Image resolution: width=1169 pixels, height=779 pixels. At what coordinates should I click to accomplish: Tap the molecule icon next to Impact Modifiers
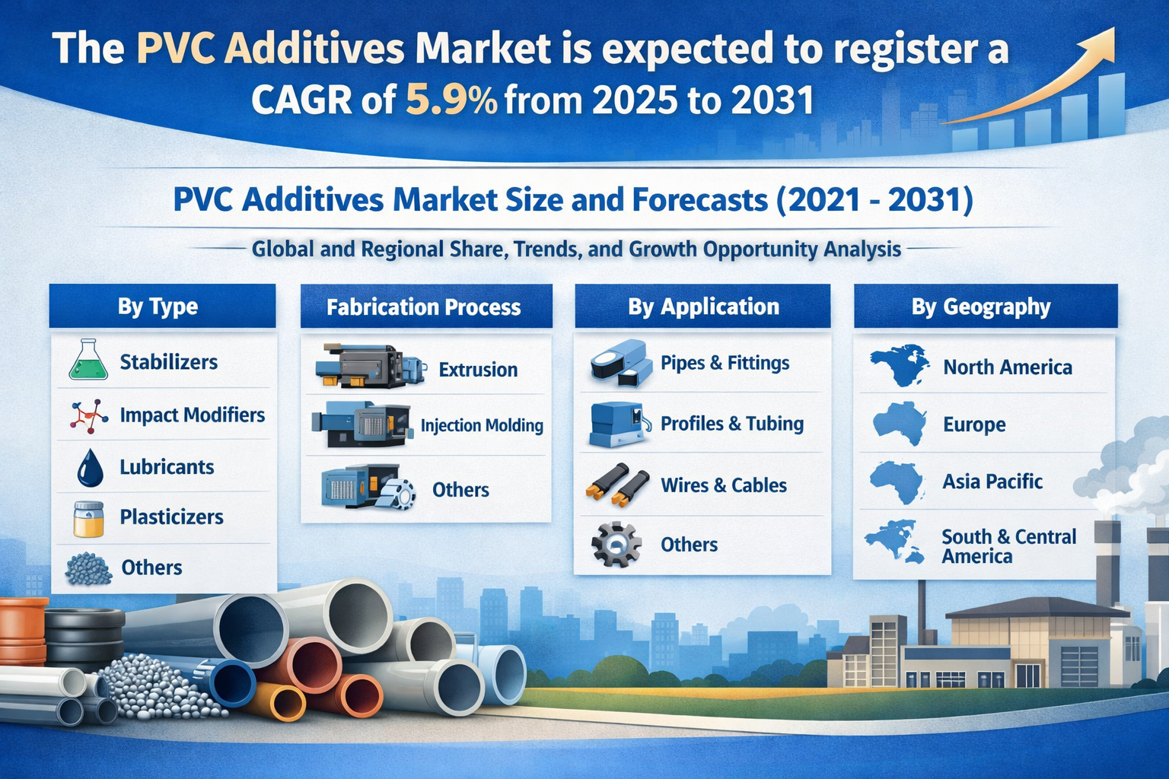tap(89, 416)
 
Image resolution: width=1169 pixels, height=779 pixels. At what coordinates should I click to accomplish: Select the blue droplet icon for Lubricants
tap(90, 468)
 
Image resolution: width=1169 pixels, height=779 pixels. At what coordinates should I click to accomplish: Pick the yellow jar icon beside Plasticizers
tap(89, 519)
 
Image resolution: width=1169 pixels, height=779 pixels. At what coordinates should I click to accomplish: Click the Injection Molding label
tap(482, 425)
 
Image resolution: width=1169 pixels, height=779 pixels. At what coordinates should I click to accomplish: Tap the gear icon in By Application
tap(616, 544)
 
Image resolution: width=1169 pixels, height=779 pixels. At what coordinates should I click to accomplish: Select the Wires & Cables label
tap(723, 485)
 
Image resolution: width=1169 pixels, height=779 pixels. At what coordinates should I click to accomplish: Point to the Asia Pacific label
tap(992, 481)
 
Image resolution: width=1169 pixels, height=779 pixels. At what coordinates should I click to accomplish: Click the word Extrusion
tap(478, 370)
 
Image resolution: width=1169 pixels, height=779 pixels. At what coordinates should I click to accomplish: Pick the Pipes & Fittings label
tap(725, 363)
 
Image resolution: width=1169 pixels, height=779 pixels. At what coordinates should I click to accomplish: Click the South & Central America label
tap(1008, 546)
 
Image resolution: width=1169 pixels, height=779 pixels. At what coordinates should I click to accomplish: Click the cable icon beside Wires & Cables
tap(617, 485)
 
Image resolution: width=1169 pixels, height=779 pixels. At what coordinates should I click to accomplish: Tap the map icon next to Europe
tap(899, 423)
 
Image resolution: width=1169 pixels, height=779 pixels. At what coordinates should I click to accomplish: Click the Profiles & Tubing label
tap(731, 423)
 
